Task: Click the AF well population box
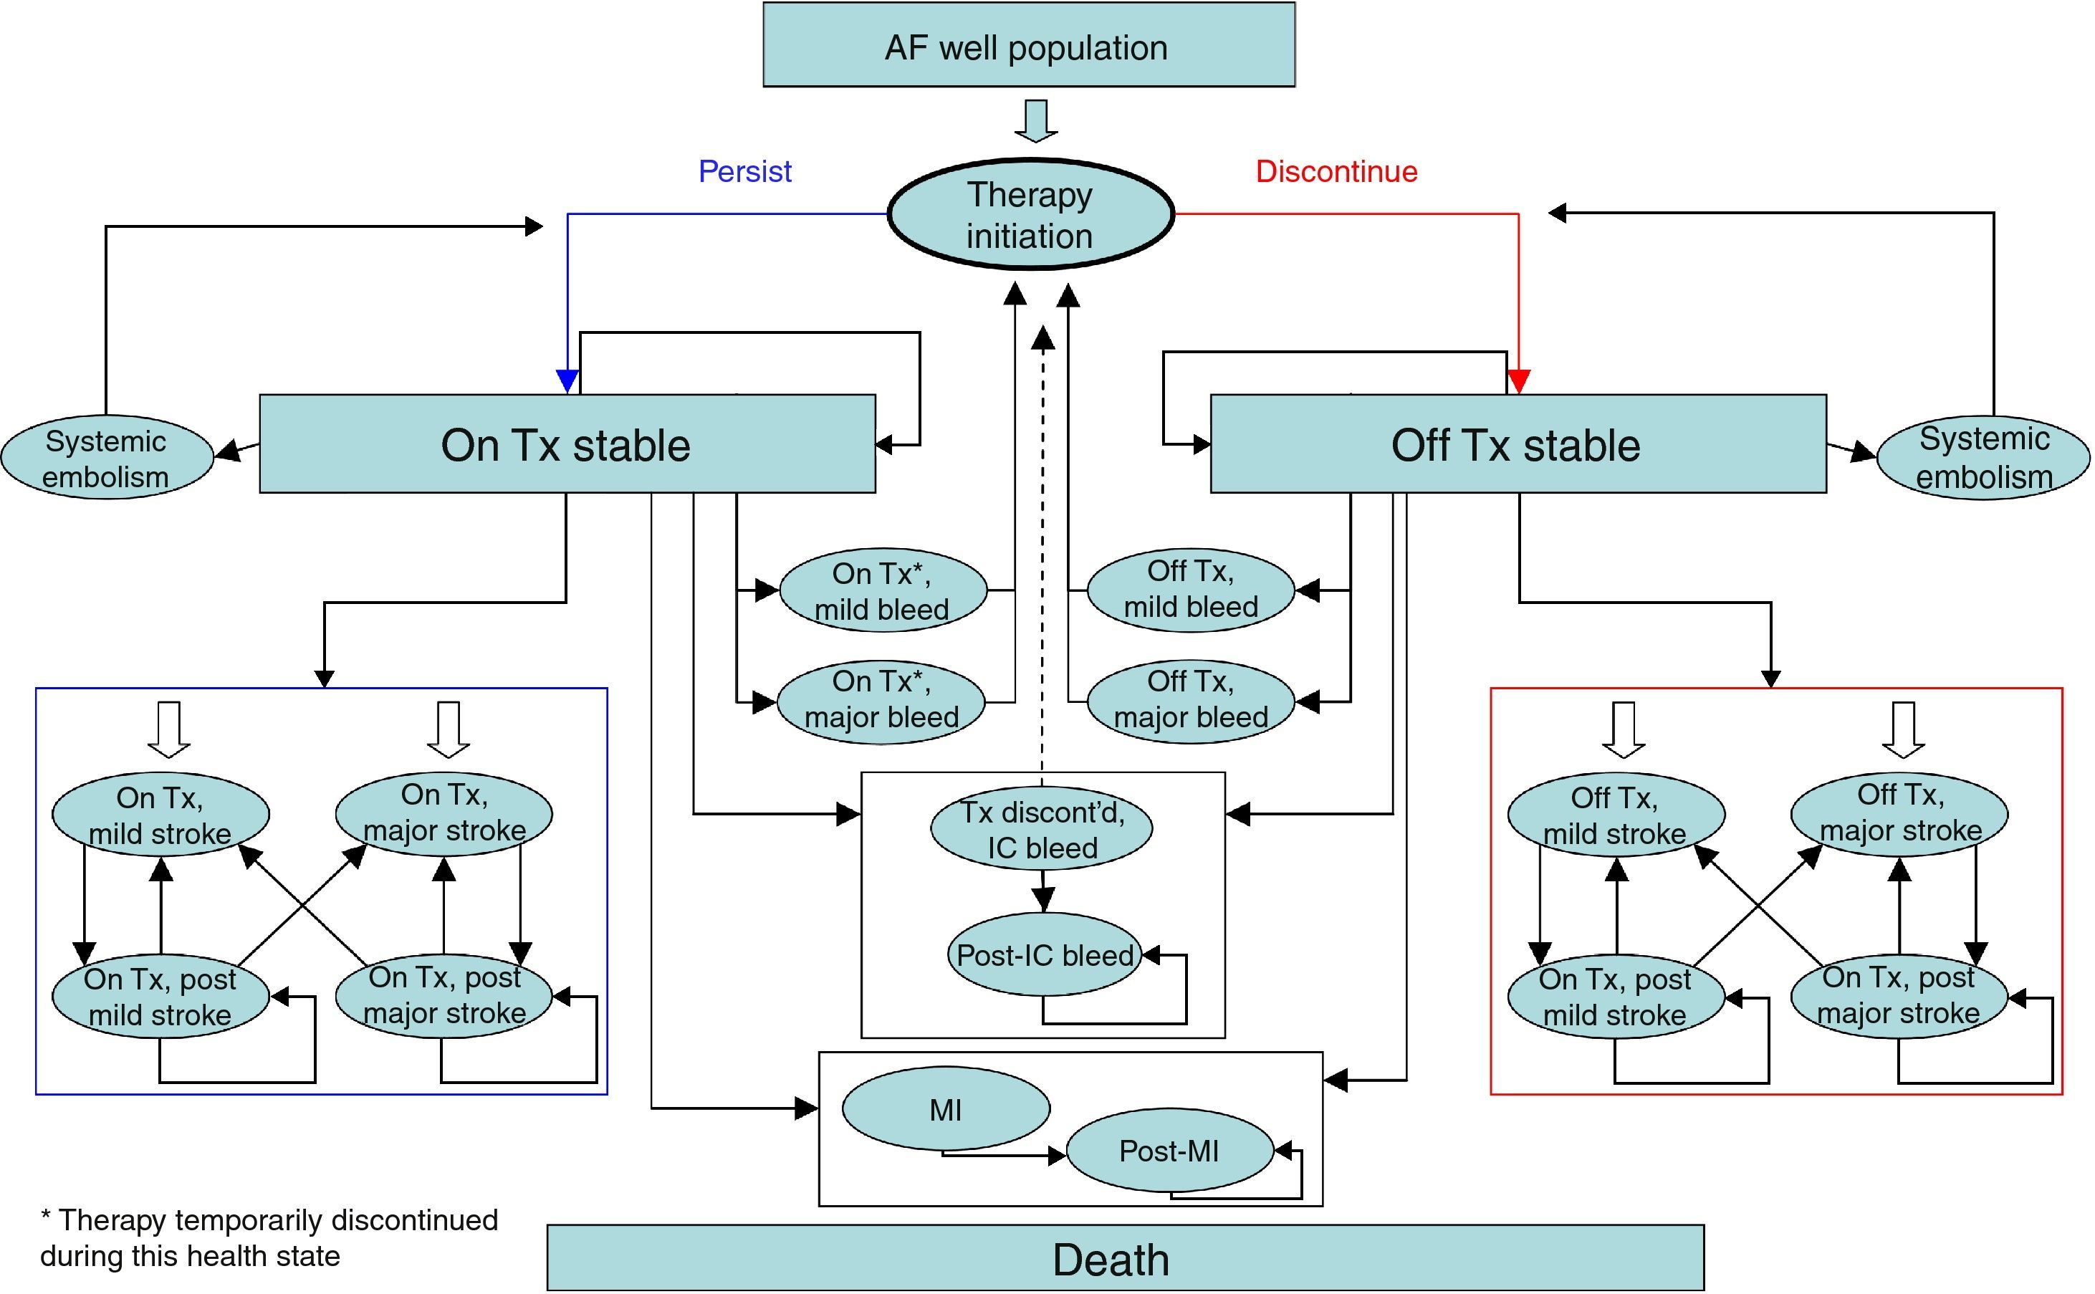click(x=1028, y=44)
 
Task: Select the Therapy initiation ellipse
click(x=1030, y=214)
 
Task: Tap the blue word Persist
click(x=744, y=171)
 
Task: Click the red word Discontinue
click(x=1336, y=171)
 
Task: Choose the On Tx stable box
click(x=567, y=444)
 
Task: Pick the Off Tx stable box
click(x=1518, y=444)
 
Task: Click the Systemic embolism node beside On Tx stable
click(x=106, y=458)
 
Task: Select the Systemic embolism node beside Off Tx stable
click(x=1983, y=458)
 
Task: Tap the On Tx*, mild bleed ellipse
click(x=882, y=590)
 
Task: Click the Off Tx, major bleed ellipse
click(x=1190, y=700)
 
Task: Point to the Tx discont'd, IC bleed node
click(x=1042, y=828)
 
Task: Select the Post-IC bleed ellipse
click(x=1044, y=955)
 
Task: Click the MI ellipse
click(x=946, y=1109)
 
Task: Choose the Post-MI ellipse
click(x=1169, y=1151)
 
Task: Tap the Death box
click(x=1126, y=1258)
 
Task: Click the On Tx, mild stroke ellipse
click(x=160, y=815)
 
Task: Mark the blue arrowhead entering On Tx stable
click(x=567, y=381)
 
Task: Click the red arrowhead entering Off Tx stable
click(x=1518, y=381)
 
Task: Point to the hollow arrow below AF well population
click(x=1035, y=120)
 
